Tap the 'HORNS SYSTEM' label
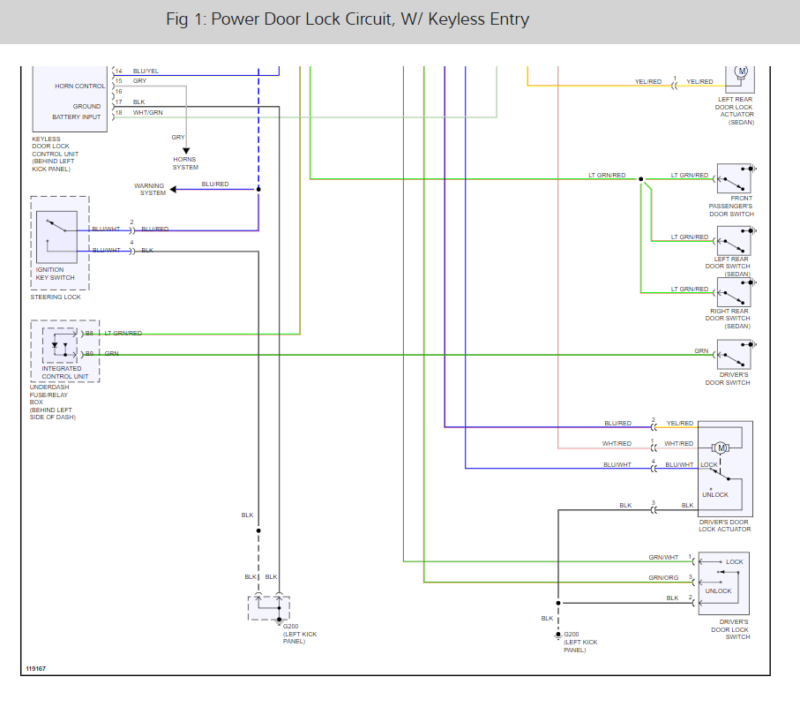185,163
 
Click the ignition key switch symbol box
56,237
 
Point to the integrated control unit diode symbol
56,345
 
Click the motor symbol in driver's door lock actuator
721,448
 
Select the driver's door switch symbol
733,356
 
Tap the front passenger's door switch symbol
733,178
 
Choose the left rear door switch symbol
733,240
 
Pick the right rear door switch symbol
733,292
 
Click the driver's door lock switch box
724,583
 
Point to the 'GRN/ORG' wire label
663,578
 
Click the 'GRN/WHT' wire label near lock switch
663,557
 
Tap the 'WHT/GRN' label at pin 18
147,112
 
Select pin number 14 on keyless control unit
118,71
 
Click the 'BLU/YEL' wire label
146,71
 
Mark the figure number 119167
35,668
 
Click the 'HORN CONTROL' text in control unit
79,86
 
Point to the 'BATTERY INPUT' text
76,117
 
